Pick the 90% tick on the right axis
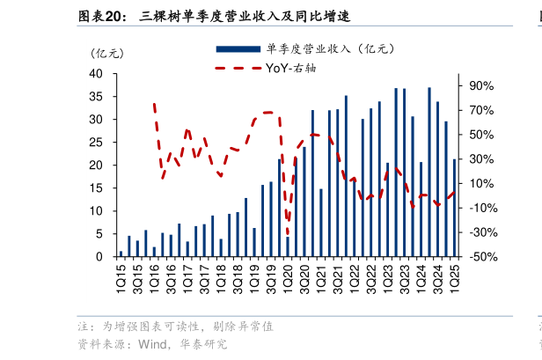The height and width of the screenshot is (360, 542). tap(482, 85)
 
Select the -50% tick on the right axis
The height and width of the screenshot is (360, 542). tap(482, 257)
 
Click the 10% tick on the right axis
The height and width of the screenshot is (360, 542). tap(482, 183)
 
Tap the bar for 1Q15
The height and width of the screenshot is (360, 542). tap(121, 253)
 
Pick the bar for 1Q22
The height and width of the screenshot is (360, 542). tap(346, 176)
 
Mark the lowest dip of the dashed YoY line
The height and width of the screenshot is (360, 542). tap(288, 234)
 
